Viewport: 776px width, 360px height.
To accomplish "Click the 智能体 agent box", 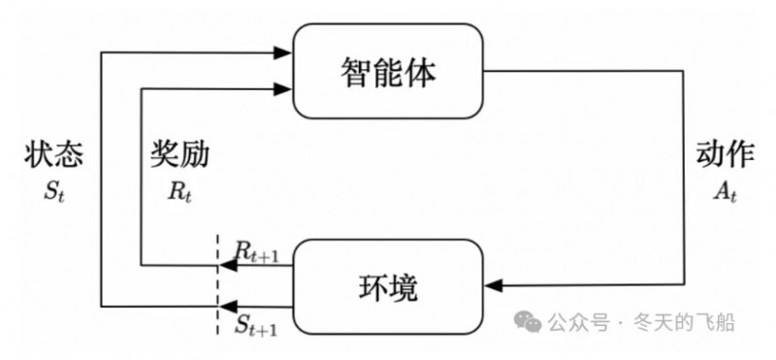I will pos(388,72).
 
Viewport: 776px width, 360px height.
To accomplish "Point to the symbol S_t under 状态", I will pos(50,192).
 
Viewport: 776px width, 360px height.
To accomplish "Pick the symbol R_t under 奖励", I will pos(179,192).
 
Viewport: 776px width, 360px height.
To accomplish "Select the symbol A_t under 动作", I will pos(726,192).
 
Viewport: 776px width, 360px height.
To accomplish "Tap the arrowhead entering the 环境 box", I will pos(495,284).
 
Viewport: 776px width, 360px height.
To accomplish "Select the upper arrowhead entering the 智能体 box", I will pos(284,51).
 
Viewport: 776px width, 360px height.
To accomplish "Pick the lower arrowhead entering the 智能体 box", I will pos(284,89).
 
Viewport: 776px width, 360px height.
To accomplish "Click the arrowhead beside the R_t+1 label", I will pos(225,264).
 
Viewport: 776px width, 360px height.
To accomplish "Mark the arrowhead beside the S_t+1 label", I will pos(225,306).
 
